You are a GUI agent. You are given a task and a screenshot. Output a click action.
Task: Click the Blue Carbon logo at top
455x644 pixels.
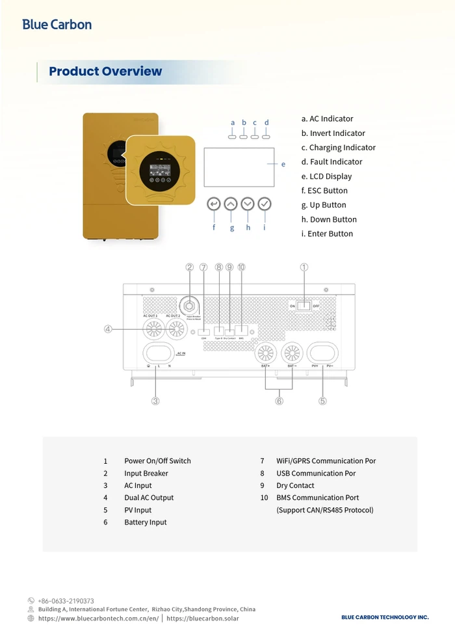point(57,25)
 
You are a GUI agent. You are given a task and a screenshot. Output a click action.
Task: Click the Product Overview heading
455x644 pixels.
point(105,72)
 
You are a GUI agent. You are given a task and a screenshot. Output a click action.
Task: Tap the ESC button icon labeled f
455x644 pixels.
point(214,204)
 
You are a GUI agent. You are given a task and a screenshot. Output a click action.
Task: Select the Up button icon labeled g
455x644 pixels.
point(231,204)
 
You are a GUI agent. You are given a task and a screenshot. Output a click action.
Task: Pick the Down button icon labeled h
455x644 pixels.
point(248,204)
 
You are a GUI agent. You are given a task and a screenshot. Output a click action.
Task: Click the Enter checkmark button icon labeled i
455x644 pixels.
point(264,204)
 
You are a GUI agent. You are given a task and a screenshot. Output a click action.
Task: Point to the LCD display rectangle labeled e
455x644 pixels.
point(239,167)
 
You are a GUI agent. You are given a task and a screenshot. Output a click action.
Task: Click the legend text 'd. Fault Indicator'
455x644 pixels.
point(331,162)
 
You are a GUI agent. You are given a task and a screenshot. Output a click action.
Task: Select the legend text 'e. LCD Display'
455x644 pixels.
point(326,176)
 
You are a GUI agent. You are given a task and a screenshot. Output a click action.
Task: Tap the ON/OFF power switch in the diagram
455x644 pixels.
point(304,306)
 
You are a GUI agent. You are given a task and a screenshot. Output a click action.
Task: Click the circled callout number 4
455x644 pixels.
point(109,329)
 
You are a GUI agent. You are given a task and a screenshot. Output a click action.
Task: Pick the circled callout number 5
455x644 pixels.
point(322,401)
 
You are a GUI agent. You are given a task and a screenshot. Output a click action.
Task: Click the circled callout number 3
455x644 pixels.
point(155,401)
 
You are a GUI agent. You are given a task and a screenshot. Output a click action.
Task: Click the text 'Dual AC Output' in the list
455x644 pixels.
point(149,498)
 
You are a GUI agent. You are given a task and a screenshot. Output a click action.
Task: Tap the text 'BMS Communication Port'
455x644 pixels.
point(317,498)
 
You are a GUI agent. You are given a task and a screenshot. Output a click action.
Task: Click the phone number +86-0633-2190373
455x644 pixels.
point(66,601)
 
